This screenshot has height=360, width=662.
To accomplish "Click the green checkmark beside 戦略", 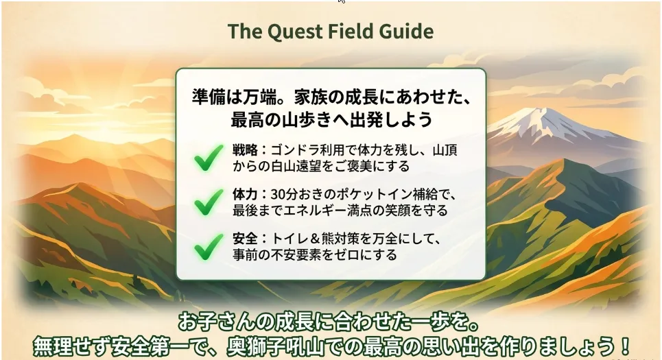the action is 209,158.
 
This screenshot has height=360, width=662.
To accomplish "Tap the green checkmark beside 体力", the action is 209,202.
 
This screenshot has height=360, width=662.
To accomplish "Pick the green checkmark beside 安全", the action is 209,247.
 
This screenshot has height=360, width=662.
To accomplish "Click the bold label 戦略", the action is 245,150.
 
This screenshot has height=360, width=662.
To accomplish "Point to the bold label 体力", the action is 245,194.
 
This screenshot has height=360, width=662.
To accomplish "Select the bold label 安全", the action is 245,239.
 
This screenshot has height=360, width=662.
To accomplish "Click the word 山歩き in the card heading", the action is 307,120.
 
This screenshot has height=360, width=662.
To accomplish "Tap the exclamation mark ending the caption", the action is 625,346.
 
